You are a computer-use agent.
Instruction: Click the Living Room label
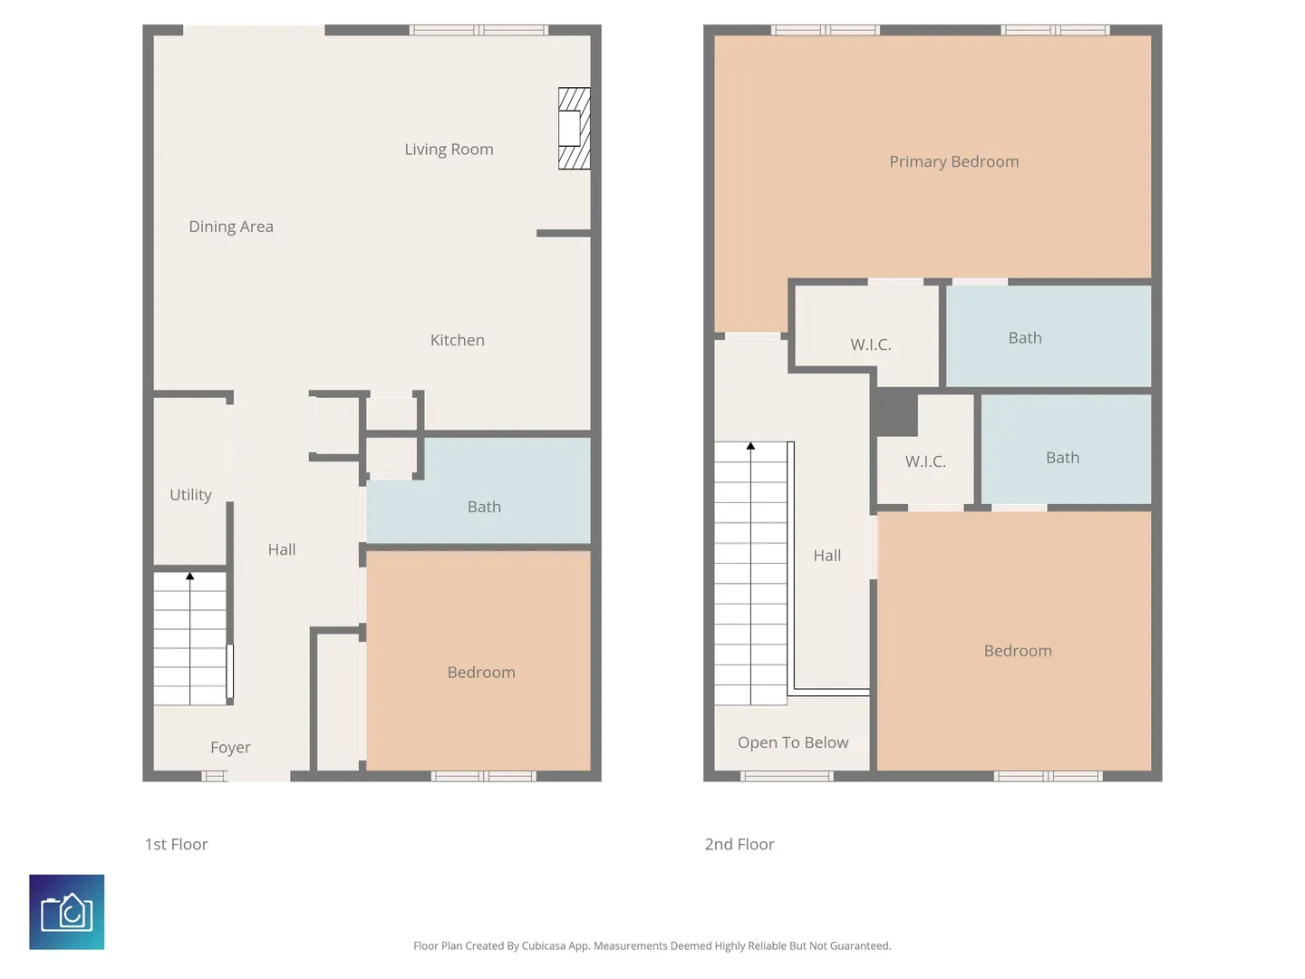[x=449, y=150]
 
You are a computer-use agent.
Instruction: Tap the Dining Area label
[x=231, y=227]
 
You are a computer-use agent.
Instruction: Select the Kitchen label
[x=457, y=340]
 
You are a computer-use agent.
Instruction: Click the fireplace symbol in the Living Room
[x=574, y=129]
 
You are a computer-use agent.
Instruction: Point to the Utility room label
[x=190, y=495]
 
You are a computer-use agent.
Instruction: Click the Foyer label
[x=230, y=747]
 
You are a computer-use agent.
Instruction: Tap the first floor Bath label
[x=484, y=507]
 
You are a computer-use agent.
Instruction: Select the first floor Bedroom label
[x=481, y=673]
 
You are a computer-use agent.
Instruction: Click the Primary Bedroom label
[x=953, y=161]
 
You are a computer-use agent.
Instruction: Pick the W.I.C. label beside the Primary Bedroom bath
[x=870, y=344]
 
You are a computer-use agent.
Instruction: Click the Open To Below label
[x=792, y=742]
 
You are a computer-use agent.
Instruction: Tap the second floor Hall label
[x=827, y=555]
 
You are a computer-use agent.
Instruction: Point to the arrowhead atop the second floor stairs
[x=750, y=446]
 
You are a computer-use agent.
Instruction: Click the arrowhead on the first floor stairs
[x=189, y=576]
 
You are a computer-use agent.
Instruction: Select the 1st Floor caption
[x=176, y=844]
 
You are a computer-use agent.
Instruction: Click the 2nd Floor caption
[x=739, y=844]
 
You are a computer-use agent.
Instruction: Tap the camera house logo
[x=66, y=912]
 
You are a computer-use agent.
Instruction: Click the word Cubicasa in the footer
[x=544, y=945]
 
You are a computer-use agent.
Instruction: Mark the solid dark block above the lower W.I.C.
[x=894, y=412]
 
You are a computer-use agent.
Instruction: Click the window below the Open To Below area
[x=787, y=776]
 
